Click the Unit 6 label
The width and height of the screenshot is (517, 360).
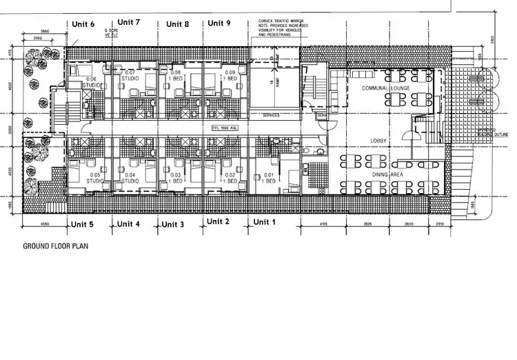coord(83,24)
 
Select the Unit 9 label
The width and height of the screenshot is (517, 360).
coord(219,23)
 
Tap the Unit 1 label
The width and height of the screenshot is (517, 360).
coord(264,222)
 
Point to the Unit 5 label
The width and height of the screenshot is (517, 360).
coord(82,225)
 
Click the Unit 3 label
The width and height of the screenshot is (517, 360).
coord(172,225)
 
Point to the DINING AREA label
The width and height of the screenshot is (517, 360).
coord(387,175)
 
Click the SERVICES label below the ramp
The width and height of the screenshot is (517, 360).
coord(271,115)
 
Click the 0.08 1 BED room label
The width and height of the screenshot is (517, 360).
coord(175,76)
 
